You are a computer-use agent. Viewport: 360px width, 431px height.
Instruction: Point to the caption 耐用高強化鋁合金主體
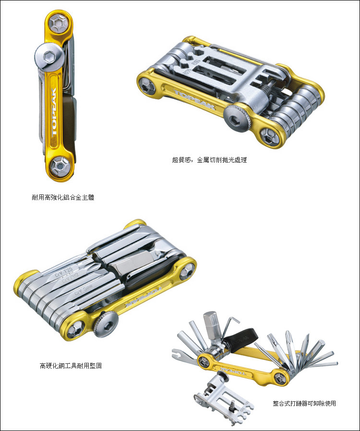click(60, 197)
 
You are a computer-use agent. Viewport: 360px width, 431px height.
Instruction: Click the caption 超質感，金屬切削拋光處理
click(209, 160)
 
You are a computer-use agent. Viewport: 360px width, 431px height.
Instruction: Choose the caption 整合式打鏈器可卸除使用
click(304, 403)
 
